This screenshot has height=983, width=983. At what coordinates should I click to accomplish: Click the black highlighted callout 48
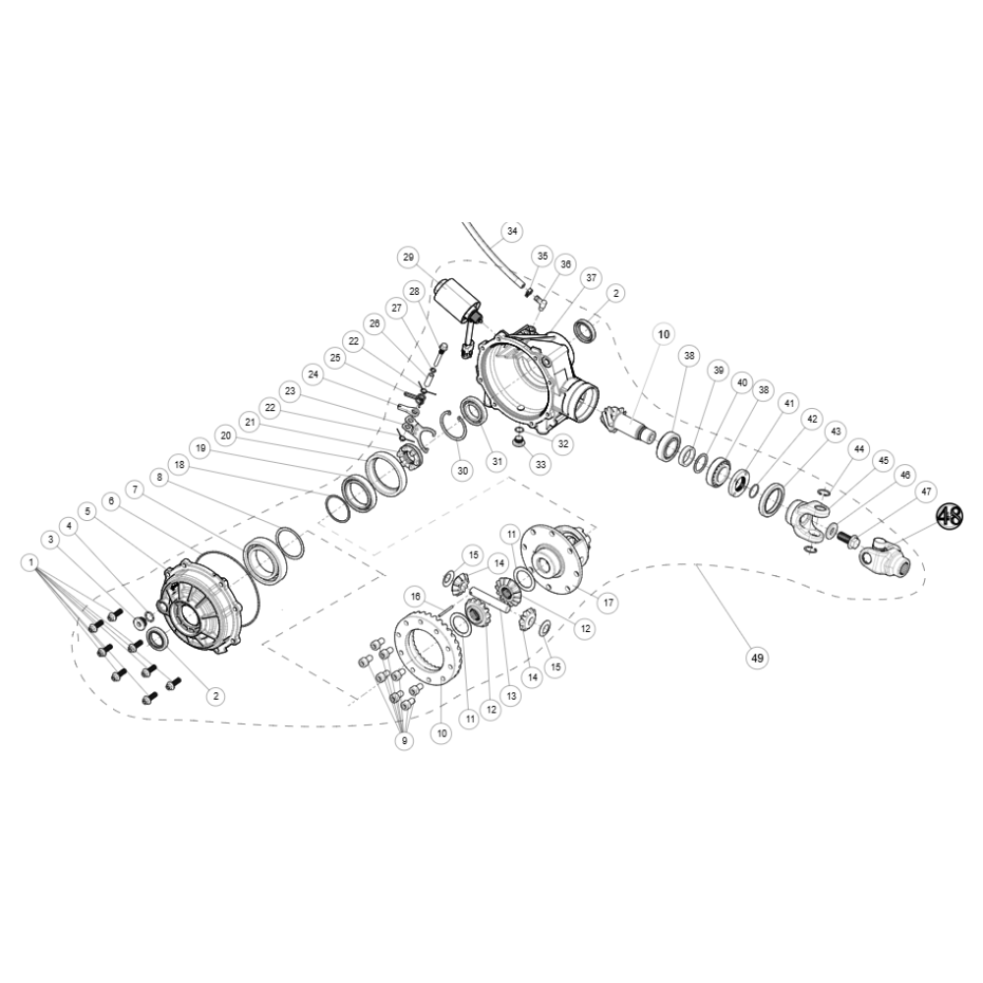click(x=950, y=517)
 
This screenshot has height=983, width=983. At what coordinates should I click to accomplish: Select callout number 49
click(x=757, y=658)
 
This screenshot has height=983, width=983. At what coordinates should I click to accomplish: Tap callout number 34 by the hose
click(x=512, y=231)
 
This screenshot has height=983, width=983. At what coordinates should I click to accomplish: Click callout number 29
click(x=409, y=257)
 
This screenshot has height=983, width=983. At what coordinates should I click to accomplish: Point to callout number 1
click(x=30, y=562)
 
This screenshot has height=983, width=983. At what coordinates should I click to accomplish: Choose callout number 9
click(x=404, y=740)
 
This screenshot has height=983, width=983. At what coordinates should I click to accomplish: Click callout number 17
click(x=607, y=603)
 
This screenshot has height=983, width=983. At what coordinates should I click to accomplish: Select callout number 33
click(x=541, y=465)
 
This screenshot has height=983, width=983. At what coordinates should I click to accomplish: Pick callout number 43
click(x=835, y=432)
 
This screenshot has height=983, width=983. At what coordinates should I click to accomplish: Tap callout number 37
click(x=591, y=278)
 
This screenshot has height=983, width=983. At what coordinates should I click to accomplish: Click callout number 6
click(x=111, y=501)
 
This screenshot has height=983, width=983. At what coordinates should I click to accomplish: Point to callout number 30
click(x=463, y=470)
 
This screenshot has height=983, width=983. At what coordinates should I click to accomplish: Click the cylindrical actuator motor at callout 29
click(x=456, y=302)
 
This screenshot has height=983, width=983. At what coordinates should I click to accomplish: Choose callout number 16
click(x=415, y=596)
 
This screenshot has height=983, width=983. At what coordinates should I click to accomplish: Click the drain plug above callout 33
click(x=518, y=442)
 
